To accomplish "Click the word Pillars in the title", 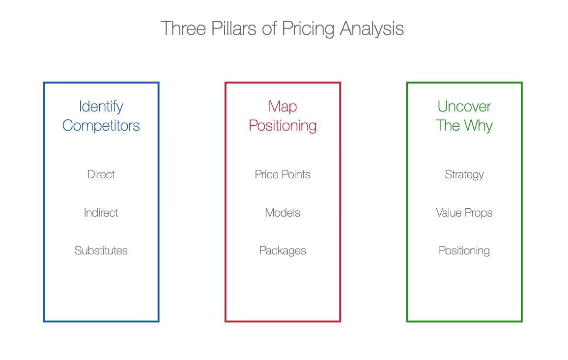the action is tap(234, 28).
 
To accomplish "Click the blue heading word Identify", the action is tap(101, 107).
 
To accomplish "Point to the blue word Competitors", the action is tap(101, 126).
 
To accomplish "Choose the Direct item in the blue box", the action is tap(101, 174).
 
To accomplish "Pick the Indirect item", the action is tap(101, 213).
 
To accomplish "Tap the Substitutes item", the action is tap(101, 250).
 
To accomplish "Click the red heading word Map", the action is tap(283, 107).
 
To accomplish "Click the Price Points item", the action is tap(283, 174).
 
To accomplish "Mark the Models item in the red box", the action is tap(283, 213).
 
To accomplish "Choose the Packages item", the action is tap(283, 251).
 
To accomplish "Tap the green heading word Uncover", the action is tap(464, 107).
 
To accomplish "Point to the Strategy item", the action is tap(464, 175).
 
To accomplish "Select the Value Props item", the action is tap(464, 213).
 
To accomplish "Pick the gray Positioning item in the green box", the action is tap(464, 251).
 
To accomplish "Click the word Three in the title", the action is tap(183, 28).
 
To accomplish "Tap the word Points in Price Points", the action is tap(296, 174).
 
